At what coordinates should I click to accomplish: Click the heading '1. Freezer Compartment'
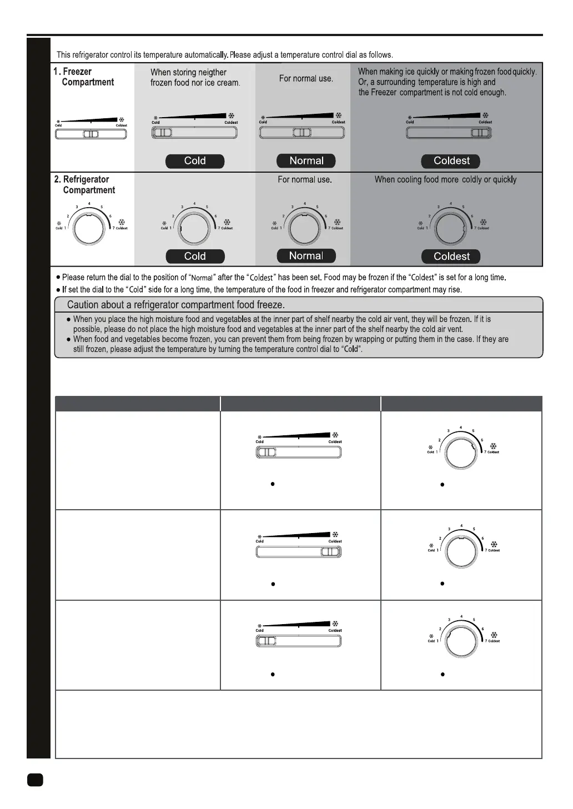[84, 77]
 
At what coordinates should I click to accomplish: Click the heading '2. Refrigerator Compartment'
[85, 185]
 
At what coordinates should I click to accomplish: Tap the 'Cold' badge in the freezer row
[195, 161]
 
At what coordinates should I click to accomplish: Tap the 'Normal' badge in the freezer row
[306, 161]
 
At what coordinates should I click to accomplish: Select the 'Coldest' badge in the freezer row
[451, 161]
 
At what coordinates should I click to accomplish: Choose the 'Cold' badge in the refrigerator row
[195, 257]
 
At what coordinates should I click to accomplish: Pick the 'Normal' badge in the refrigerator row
[306, 256]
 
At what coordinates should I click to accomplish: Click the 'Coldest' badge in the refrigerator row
[451, 257]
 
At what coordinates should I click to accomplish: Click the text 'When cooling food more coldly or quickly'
[445, 180]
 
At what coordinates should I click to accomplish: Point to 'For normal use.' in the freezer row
[306, 79]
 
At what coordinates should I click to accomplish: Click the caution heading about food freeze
[175, 305]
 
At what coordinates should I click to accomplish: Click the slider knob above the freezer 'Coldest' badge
[480, 133]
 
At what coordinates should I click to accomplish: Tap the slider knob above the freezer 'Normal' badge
[302, 133]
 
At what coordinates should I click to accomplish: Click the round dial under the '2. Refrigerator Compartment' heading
[89, 228]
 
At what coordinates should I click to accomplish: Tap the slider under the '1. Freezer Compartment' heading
[91, 134]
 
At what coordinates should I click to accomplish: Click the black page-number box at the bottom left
[35, 780]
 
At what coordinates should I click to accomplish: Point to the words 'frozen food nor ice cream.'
[195, 83]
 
